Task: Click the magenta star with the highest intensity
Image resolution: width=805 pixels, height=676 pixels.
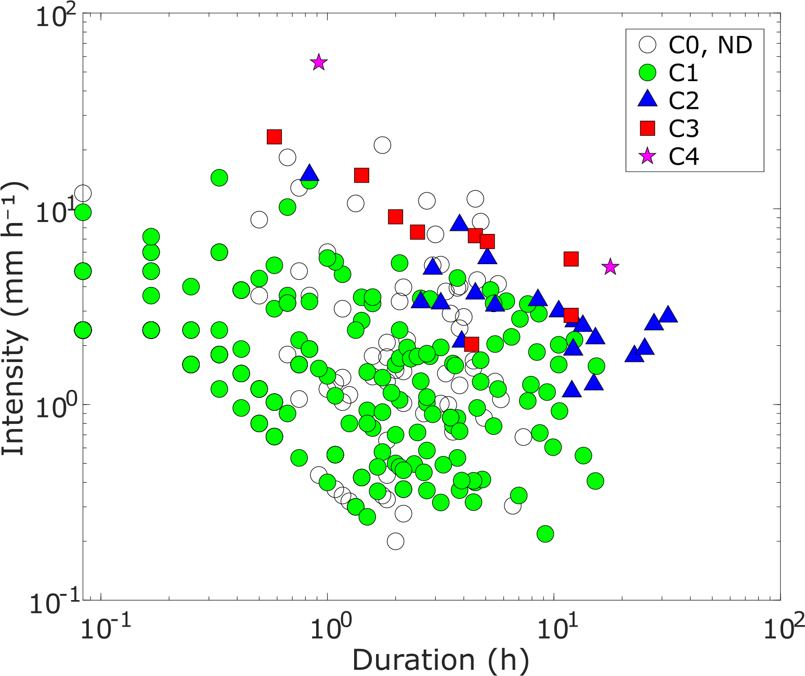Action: (x=319, y=62)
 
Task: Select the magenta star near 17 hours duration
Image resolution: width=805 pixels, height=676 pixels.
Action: (x=610, y=267)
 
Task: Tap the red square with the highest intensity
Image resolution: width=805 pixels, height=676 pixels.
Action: (x=274, y=137)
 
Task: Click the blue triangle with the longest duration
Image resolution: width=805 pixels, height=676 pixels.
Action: (x=668, y=315)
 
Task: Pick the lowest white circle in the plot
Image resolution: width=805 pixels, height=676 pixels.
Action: (x=395, y=541)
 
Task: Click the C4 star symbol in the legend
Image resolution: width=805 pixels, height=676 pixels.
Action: (x=647, y=156)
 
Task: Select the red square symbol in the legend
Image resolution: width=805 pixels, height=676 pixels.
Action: (x=647, y=128)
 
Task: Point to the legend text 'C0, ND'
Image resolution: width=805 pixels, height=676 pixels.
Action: (x=710, y=45)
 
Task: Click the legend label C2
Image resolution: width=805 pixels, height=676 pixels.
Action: (x=683, y=100)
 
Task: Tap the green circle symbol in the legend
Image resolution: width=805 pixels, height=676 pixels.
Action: (x=647, y=73)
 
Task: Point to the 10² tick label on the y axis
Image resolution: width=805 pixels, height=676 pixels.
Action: (x=55, y=17)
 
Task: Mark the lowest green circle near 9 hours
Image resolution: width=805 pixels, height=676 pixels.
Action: (x=545, y=534)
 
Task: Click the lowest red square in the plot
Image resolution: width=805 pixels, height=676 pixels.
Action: (x=471, y=344)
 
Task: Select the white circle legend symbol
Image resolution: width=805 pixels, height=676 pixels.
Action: (x=647, y=45)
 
